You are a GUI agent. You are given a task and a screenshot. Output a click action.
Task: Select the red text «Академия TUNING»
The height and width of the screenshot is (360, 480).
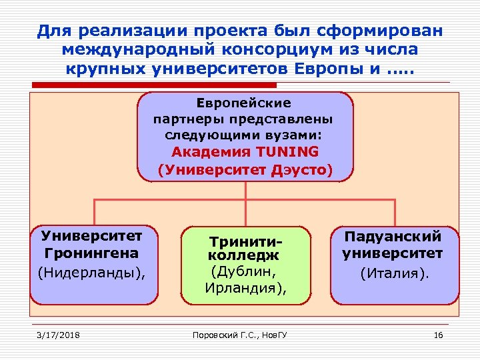pyautogui.click(x=245, y=151)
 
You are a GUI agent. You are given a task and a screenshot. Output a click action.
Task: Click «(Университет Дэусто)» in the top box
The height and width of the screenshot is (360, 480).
pyautogui.click(x=245, y=170)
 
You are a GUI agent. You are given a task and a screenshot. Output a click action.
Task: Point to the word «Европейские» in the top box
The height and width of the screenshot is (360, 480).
pyautogui.click(x=244, y=103)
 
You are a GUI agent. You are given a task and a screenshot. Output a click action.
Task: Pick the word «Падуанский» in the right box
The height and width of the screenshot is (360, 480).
pyautogui.click(x=393, y=236)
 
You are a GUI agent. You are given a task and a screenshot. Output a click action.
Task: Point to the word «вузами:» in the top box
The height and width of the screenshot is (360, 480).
pyautogui.click(x=299, y=134)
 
